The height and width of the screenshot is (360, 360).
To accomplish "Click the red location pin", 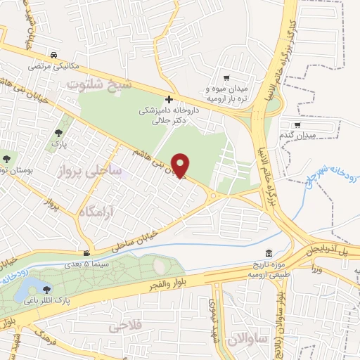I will (x=181, y=165).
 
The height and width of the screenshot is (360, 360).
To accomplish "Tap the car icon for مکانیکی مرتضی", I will (x=53, y=56).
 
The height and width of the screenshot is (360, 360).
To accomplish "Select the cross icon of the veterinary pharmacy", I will (x=169, y=99).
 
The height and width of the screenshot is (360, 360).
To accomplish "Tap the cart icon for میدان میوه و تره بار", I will (x=226, y=79).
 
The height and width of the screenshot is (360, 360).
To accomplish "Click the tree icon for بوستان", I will (x=6, y=160).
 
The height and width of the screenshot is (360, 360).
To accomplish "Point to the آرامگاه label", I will (x=94, y=210).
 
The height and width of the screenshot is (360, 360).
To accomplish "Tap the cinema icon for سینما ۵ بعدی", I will (x=86, y=254).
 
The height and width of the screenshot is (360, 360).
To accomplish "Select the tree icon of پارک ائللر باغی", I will (x=46, y=288).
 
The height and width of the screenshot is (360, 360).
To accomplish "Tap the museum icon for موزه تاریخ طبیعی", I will (x=268, y=254).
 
